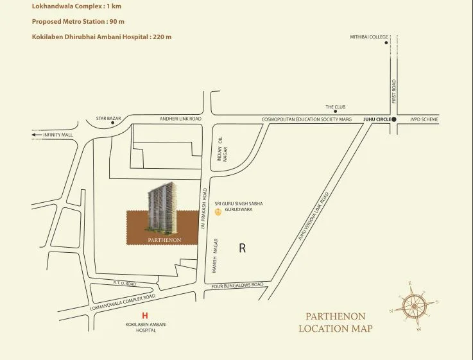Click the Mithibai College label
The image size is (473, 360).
(368, 37)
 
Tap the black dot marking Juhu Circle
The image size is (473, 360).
(394, 119)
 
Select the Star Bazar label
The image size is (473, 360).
(108, 119)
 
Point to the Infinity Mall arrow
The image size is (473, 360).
(36, 135)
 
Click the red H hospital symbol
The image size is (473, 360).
(145, 316)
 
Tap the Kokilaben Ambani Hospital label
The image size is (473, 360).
(146, 327)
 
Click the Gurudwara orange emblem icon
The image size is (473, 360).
(218, 210)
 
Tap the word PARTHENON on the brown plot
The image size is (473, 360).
(164, 240)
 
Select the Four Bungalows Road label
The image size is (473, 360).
(237, 285)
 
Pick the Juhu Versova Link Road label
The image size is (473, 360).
(314, 216)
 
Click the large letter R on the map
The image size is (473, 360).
(242, 248)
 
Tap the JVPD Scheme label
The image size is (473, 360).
(424, 119)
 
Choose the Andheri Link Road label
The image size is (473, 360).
(180, 119)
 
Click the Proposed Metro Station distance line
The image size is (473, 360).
(78, 21)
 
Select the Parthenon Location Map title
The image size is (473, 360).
(335, 322)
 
